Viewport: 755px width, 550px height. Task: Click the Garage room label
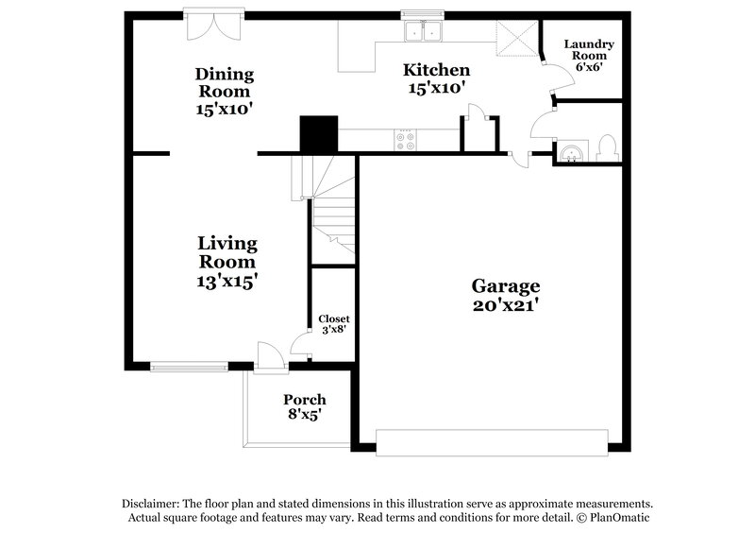505,285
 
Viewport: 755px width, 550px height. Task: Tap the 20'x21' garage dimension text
505,305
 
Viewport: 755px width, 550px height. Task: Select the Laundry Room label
589,50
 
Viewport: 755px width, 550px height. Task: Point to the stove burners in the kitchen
407,141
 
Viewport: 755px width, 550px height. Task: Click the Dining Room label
224,82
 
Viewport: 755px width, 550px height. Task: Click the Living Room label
227,252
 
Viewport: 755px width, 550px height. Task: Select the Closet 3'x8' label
333,324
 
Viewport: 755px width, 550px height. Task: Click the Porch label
304,399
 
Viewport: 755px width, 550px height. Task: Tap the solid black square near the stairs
318,134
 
